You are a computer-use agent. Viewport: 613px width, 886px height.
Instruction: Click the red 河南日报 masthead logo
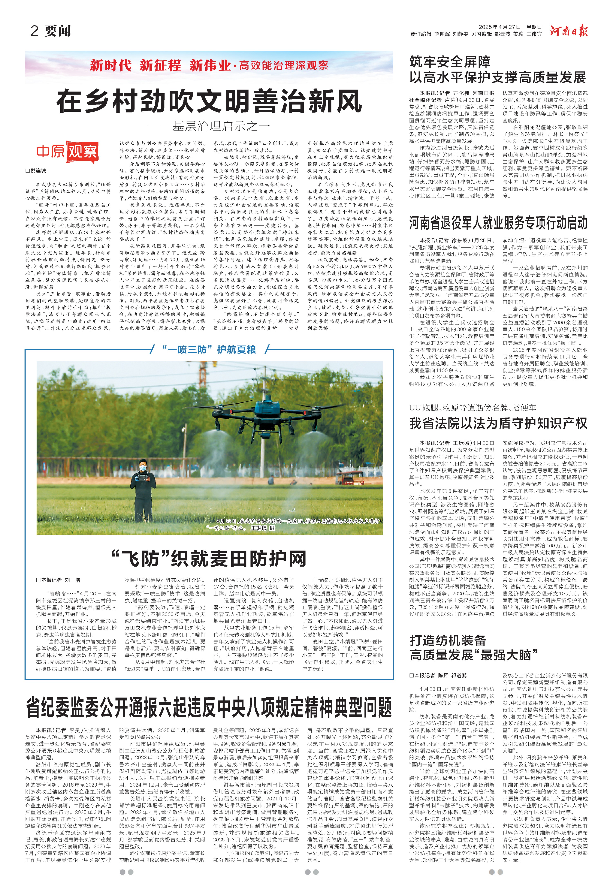click(568, 31)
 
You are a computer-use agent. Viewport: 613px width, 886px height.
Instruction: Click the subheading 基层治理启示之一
click(209, 126)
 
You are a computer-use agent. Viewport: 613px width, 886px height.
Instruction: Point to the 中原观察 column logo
click(67, 152)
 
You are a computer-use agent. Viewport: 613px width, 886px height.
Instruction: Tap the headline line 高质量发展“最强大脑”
click(474, 655)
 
